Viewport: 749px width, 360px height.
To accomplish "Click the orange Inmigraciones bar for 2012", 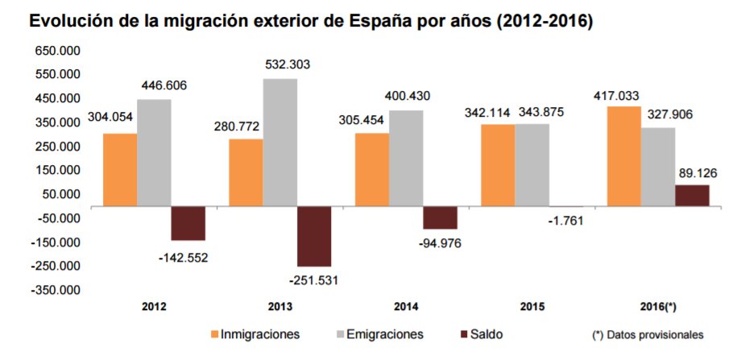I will (119, 169).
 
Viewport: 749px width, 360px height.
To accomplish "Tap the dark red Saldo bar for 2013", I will (314, 236).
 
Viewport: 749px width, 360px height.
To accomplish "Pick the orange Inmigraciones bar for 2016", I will (624, 156).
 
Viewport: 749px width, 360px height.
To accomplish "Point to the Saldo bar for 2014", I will (440, 217).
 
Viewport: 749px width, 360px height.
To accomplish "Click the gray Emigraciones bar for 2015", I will (532, 165).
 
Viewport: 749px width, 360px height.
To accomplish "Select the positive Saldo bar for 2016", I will (693, 196).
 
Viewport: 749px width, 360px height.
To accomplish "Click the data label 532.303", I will (288, 64).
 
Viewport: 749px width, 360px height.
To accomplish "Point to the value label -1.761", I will (562, 220).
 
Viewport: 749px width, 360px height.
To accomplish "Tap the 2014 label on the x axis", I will (406, 307).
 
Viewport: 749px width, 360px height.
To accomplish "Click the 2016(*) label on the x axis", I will (658, 307).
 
